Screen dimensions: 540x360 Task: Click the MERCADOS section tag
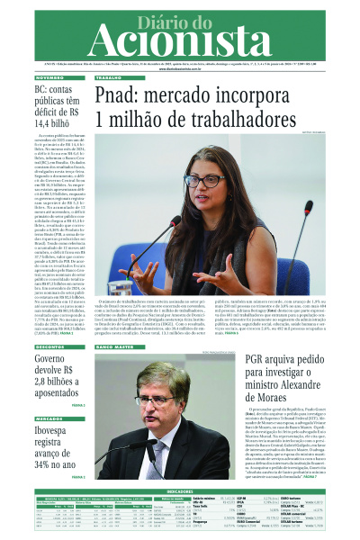point(50,418)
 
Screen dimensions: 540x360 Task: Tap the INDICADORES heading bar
point(180,490)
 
